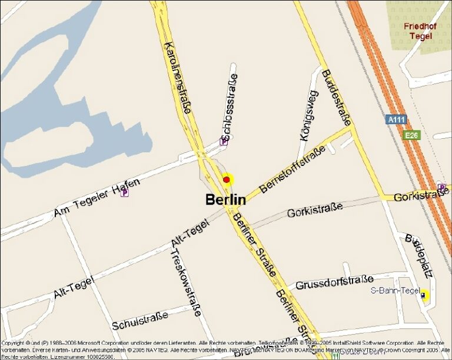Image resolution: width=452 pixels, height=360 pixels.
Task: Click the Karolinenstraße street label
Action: click(x=178, y=77)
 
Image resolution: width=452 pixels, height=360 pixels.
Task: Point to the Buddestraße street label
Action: click(x=336, y=97)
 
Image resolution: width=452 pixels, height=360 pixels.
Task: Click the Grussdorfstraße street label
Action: click(x=334, y=283)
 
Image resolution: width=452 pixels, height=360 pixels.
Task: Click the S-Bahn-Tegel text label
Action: click(x=395, y=291)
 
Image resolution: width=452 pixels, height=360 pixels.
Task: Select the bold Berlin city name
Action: click(x=225, y=199)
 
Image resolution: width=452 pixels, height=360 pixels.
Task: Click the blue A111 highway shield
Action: click(x=396, y=119)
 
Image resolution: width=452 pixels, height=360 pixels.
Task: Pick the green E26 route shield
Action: click(x=412, y=135)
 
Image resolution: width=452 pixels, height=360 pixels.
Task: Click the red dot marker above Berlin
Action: click(x=227, y=179)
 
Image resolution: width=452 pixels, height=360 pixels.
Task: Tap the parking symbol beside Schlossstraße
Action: click(x=224, y=141)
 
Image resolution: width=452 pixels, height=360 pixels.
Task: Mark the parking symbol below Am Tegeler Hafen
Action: click(x=124, y=192)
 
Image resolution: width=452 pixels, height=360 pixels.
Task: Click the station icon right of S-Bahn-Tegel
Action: click(x=424, y=296)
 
